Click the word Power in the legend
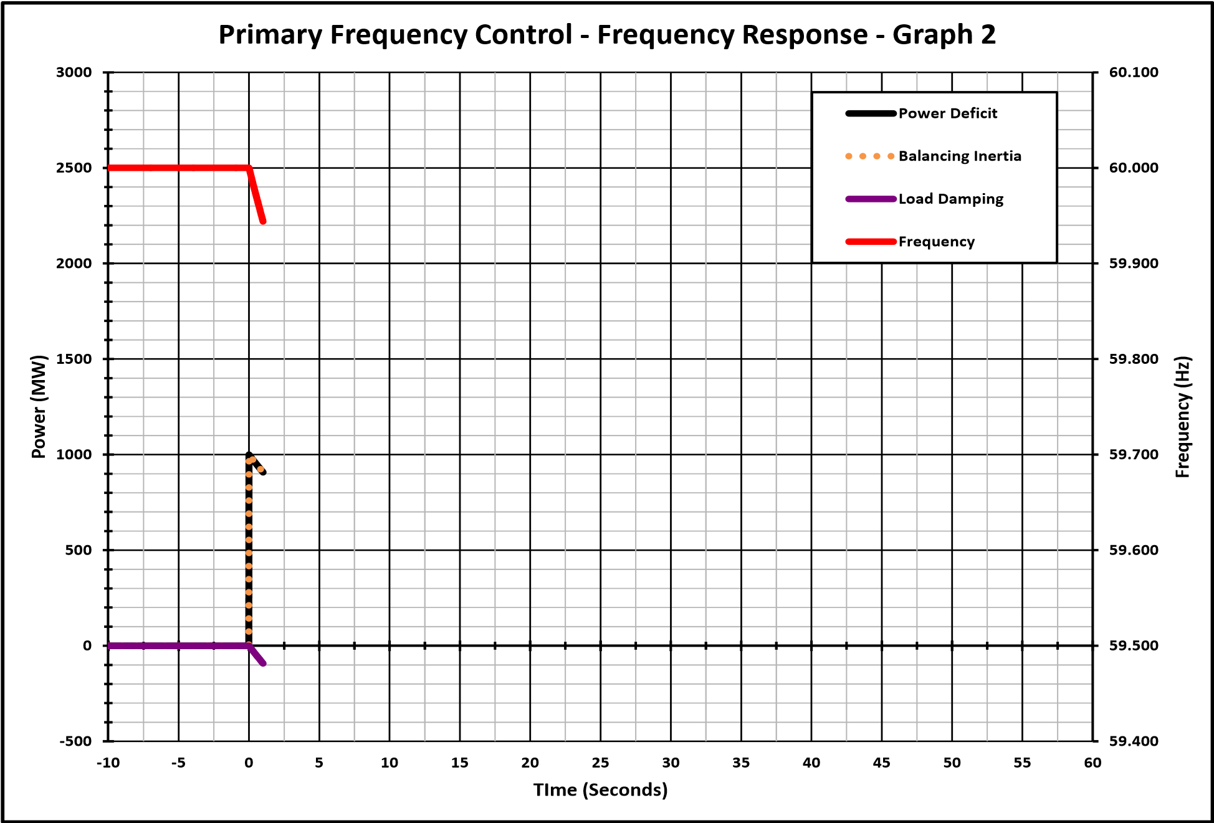tap(922, 113)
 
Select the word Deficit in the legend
tap(973, 113)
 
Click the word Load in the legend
tap(915, 199)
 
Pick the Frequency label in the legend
tap(936, 242)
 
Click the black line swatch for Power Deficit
tap(871, 113)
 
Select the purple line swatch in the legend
tap(871, 199)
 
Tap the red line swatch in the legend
tap(871, 242)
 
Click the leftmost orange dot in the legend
tap(849, 156)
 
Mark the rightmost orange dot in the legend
tap(891, 156)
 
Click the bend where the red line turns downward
tap(249, 168)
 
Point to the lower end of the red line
tap(264, 221)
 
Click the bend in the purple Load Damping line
tap(249, 646)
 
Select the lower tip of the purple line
tap(263, 664)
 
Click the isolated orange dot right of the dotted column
tap(260, 469)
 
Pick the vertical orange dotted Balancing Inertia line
tap(249, 553)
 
